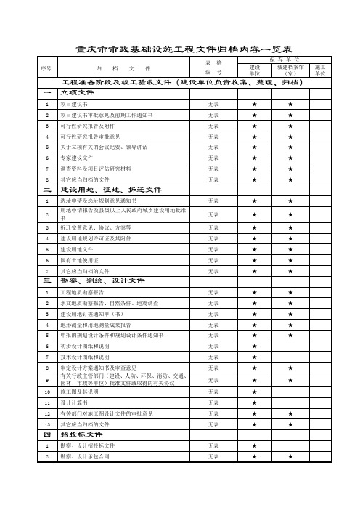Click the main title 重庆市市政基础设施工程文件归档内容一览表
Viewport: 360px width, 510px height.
coord(179,49)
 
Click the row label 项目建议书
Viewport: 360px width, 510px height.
coord(75,105)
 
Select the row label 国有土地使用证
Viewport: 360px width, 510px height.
coord(78,259)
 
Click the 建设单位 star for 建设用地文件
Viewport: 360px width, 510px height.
coord(254,248)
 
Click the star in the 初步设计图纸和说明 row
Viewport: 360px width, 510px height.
coord(254,347)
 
